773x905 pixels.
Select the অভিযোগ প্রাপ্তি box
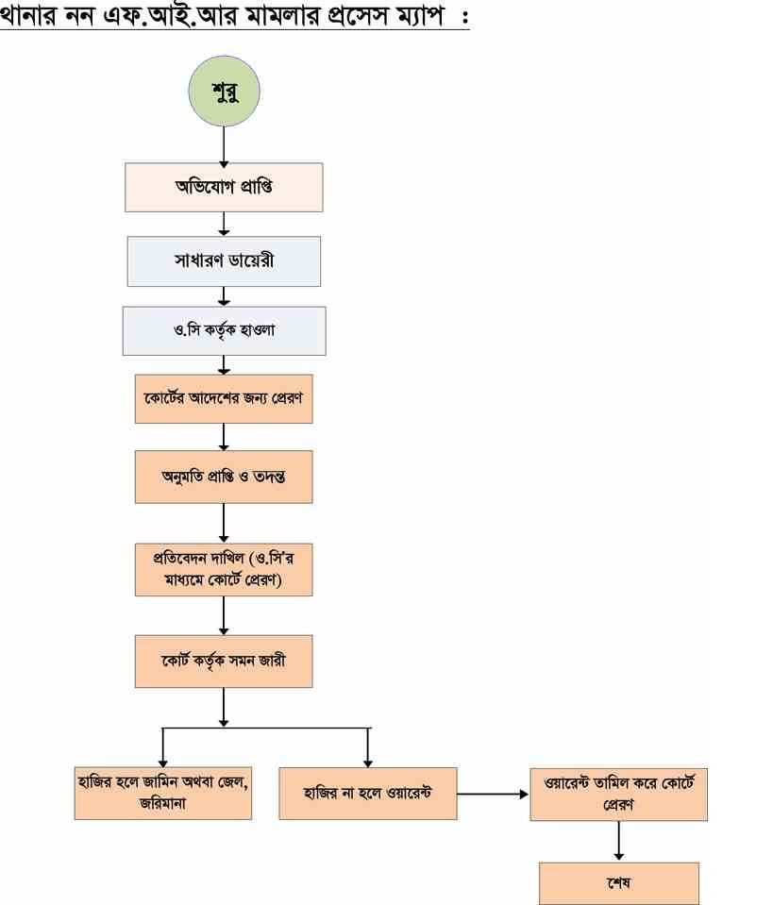(x=224, y=187)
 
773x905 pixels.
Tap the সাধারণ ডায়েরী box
(x=224, y=260)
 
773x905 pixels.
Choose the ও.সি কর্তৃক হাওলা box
(x=224, y=330)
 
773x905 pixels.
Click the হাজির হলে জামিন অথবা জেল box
(x=163, y=792)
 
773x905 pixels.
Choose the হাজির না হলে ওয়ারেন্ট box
(x=367, y=792)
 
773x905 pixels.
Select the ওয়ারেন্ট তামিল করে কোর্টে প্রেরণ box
(x=618, y=795)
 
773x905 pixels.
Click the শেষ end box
(x=618, y=883)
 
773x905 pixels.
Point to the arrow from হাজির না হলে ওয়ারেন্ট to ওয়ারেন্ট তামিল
(x=492, y=794)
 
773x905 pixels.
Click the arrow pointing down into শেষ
(x=618, y=840)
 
